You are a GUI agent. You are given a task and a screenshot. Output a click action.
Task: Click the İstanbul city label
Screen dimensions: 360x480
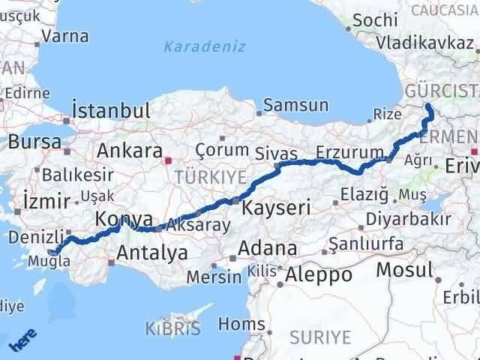(112, 110)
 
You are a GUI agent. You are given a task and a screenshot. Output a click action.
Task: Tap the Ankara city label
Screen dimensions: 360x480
(129, 150)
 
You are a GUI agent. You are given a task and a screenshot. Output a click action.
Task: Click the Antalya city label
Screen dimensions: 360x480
(152, 253)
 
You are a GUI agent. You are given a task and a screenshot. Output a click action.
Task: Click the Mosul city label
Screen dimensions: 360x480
(405, 269)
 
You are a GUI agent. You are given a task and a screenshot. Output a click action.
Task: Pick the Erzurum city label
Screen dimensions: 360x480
(349, 152)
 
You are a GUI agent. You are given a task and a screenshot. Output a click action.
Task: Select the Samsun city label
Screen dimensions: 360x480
(297, 105)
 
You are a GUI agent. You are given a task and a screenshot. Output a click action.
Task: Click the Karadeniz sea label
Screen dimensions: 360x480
(205, 46)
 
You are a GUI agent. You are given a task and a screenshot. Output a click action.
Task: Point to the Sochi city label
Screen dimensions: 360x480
(374, 20)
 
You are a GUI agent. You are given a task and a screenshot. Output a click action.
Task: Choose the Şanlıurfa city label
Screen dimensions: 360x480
(372, 244)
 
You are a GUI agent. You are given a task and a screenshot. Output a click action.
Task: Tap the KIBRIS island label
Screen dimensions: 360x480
(173, 328)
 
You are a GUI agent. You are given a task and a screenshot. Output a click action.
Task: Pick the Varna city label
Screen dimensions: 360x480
(66, 36)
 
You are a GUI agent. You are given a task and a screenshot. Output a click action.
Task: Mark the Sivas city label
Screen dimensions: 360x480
(292, 153)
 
